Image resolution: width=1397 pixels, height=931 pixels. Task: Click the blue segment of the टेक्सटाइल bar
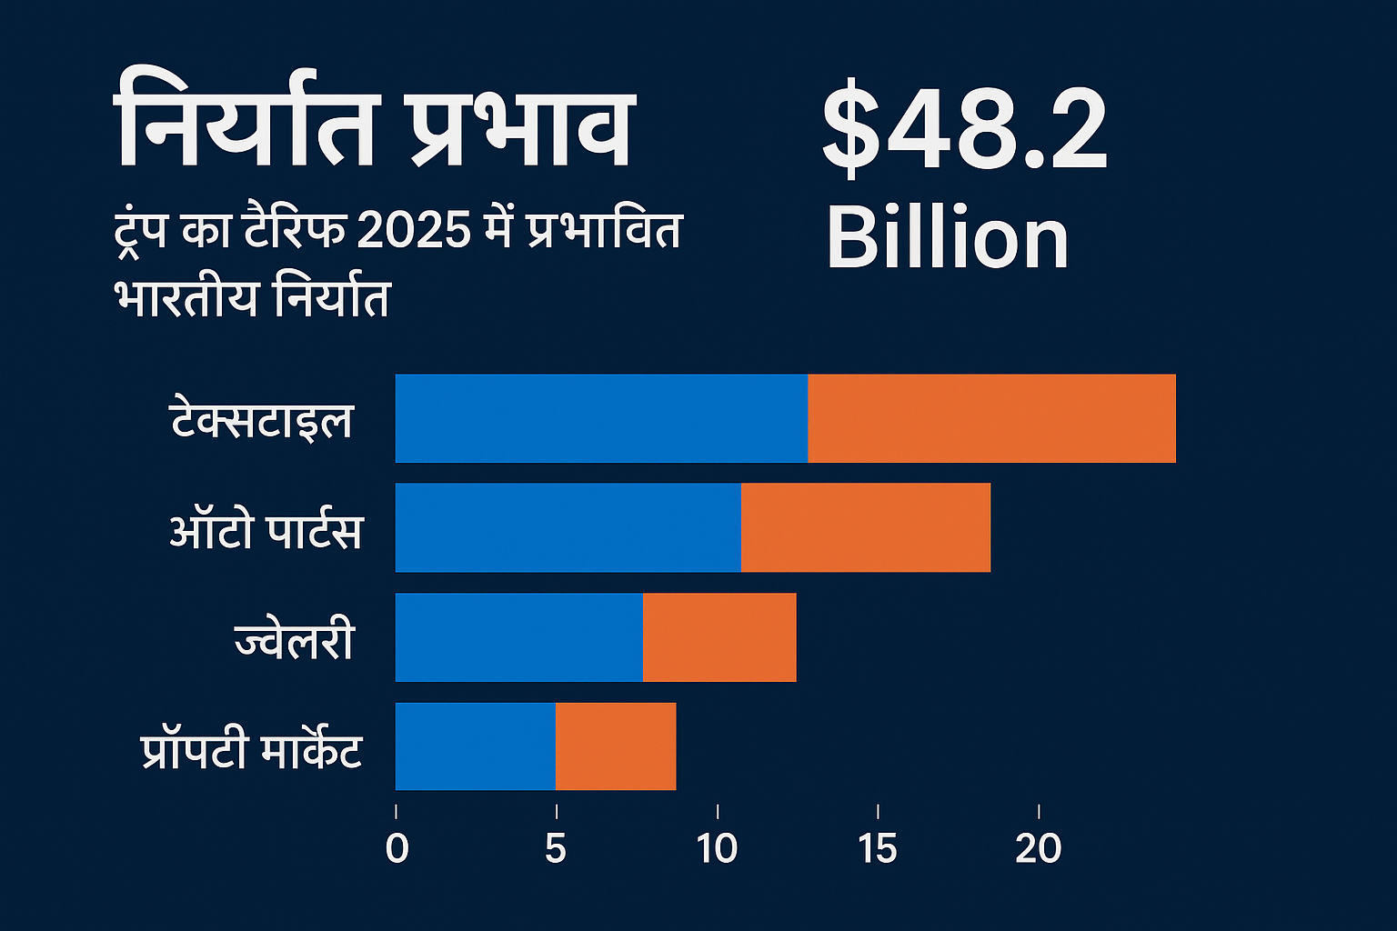(601, 418)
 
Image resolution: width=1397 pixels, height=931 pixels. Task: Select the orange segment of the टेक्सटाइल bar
(991, 418)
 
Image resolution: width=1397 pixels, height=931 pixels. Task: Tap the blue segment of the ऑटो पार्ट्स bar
(568, 527)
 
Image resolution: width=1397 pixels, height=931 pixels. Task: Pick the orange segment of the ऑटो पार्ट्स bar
(865, 527)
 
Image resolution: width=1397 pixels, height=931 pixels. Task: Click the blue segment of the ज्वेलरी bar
(518, 637)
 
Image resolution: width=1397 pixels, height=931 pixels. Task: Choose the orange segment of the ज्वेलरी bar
(719, 637)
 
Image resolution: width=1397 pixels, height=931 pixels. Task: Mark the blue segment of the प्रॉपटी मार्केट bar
(475, 746)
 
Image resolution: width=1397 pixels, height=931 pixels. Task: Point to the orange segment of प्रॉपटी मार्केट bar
(616, 746)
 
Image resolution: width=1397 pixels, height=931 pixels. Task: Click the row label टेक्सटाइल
(262, 420)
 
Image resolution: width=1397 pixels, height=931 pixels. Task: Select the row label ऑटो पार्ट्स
(266, 530)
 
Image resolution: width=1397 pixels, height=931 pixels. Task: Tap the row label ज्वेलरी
(294, 640)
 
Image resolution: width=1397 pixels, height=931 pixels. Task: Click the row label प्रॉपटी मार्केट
(252, 750)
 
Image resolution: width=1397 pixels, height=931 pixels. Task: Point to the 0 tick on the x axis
(397, 848)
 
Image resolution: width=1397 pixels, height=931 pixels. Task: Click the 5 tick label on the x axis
(555, 848)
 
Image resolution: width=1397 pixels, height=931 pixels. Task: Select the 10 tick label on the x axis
(717, 848)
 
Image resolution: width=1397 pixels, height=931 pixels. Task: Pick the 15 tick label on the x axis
(877, 848)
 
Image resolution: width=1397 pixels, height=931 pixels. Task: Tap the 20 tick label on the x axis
(1038, 848)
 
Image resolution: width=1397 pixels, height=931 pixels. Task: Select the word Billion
(947, 238)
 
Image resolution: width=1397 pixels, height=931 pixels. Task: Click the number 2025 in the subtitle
(414, 230)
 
